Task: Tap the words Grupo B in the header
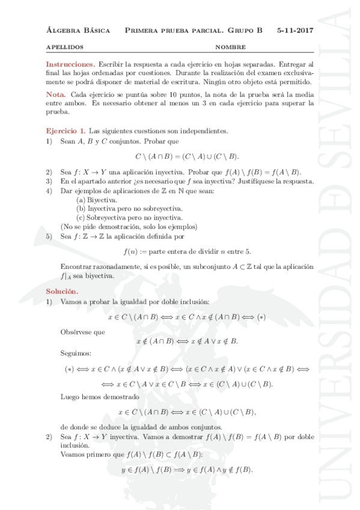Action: click(245, 29)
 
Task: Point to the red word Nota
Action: click(56, 95)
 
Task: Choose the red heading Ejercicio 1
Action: click(66, 130)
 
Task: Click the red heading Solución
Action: click(63, 291)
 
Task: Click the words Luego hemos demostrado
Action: click(92, 396)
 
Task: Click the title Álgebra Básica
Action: click(78, 29)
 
